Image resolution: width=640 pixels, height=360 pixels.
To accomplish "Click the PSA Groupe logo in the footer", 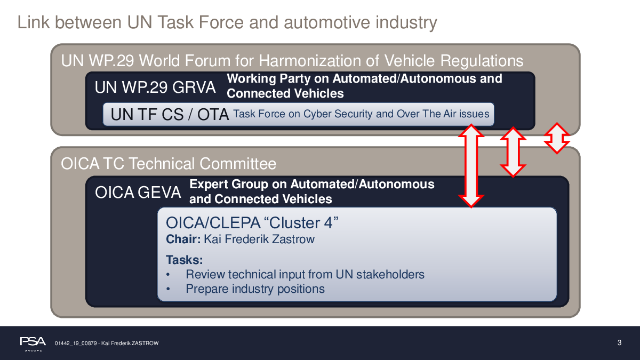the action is tap(33, 343).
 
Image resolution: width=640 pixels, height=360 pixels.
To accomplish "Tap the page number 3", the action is tap(619, 342).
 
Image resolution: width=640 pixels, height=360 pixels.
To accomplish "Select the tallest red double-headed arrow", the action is tap(471, 166).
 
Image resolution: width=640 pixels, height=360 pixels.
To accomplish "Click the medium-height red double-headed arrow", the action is tap(513, 152).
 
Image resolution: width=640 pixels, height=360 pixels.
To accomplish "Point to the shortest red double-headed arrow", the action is tap(557, 138).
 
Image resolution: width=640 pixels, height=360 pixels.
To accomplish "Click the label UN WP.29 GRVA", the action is tap(155, 87).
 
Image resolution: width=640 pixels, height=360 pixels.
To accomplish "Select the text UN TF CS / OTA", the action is tap(170, 114).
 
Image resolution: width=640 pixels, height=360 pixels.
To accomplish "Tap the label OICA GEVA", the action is tap(138, 192).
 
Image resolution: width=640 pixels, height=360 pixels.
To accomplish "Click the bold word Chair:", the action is tap(183, 239).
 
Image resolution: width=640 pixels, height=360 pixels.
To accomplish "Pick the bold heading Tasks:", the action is tap(185, 260).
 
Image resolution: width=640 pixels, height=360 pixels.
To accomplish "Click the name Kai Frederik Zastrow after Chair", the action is tap(259, 239).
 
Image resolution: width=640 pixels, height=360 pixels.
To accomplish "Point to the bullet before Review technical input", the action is tap(168, 275).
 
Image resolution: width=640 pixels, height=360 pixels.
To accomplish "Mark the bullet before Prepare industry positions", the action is tap(168, 289).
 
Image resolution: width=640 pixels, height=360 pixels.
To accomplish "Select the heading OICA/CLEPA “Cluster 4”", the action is tap(252, 222).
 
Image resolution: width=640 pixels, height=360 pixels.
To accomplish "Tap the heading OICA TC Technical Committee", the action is tap(169, 164).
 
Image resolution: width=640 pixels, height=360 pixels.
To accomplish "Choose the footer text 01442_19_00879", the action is tap(76, 343).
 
